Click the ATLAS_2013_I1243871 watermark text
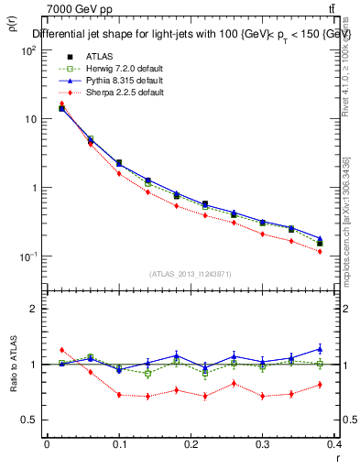tap(191, 274)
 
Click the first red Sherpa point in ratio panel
tap(61, 350)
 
